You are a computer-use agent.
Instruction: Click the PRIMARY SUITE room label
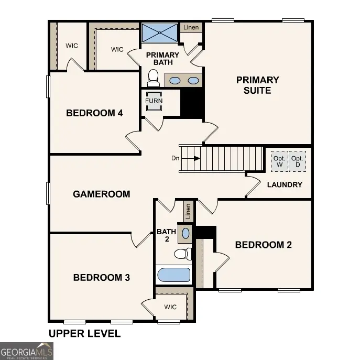[257, 85]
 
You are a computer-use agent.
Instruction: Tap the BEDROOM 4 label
[94, 113]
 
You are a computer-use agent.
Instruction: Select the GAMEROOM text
[101, 194]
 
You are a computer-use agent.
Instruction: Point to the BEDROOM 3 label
[101, 277]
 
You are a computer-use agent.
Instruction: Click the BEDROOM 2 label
[263, 245]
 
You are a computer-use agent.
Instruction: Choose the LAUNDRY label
[285, 184]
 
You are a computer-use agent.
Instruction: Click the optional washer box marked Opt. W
[279, 161]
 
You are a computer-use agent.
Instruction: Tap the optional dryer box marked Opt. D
[298, 161]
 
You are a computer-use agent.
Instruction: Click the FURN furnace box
[154, 101]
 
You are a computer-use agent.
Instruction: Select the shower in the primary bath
[160, 33]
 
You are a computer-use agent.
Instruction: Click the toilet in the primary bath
[154, 79]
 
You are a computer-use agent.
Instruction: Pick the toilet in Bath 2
[182, 254]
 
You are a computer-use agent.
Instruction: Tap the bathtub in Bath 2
[174, 275]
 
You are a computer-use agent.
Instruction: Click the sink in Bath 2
[186, 233]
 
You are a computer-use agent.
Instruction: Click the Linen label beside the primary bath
[191, 27]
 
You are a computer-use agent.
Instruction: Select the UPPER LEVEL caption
[84, 333]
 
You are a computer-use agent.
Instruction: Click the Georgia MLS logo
[27, 351]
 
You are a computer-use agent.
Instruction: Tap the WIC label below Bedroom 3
[170, 307]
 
